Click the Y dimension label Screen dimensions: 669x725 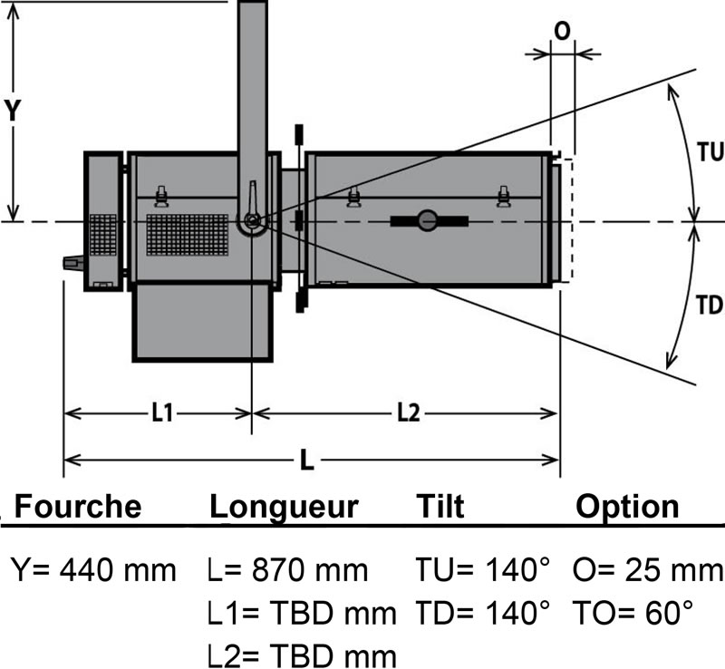click(x=13, y=110)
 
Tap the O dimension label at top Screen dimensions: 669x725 click(x=561, y=31)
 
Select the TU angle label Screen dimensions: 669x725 click(x=709, y=152)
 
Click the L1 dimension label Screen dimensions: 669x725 click(x=162, y=413)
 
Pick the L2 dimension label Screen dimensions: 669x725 click(x=408, y=413)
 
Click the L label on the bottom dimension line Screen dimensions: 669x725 click(x=307, y=461)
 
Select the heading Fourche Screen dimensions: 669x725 click(x=78, y=506)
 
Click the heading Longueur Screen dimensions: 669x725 click(x=285, y=506)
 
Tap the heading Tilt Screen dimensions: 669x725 click(x=440, y=506)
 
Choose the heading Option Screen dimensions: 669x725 click(x=627, y=506)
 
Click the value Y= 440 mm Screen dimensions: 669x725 click(x=93, y=571)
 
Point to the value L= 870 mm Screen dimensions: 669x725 click(x=287, y=571)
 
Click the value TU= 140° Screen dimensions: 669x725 click(x=483, y=571)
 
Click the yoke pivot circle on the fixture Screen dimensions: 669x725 click(x=251, y=221)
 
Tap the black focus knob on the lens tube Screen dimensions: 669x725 click(x=428, y=219)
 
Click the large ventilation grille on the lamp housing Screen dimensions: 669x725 click(x=188, y=233)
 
